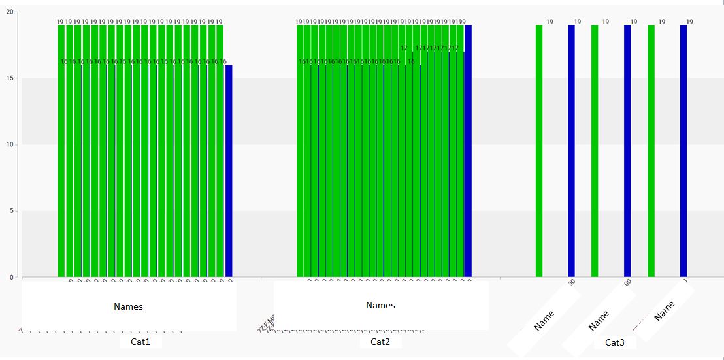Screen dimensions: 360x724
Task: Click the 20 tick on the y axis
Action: click(8, 12)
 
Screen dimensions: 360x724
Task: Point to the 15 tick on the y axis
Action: click(8, 78)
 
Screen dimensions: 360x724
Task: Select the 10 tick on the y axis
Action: click(8, 144)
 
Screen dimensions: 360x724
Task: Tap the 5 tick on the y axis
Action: click(10, 211)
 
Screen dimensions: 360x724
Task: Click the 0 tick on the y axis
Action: click(10, 277)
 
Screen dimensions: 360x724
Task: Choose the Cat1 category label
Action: click(140, 342)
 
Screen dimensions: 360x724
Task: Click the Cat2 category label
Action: click(380, 342)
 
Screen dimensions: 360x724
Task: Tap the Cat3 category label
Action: click(614, 342)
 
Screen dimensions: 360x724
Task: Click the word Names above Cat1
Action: click(128, 306)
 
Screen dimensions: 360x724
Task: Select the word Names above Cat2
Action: click(380, 305)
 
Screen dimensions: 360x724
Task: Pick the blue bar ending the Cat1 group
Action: click(229, 170)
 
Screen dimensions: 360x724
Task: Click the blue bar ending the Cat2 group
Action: click(468, 150)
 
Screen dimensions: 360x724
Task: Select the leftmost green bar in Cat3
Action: click(539, 150)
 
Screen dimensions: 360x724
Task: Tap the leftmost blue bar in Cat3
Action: click(571, 150)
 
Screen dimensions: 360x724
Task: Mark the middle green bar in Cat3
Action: click(595, 150)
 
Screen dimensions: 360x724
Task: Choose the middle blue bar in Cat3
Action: click(627, 150)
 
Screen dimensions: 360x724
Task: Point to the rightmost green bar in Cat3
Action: click(651, 150)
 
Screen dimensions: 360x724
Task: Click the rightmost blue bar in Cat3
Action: click(683, 150)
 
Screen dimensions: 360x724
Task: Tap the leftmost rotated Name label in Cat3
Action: click(544, 320)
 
